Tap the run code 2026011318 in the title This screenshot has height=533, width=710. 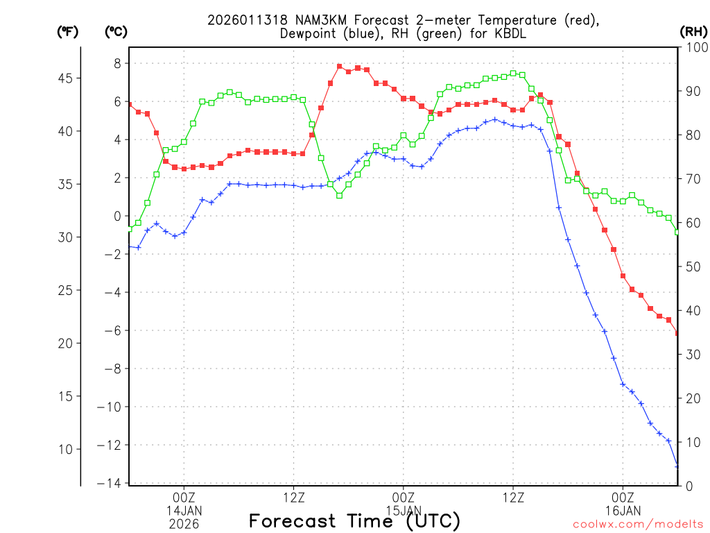tap(239, 21)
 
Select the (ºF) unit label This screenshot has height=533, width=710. tap(67, 31)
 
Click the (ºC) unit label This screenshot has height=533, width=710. tap(115, 31)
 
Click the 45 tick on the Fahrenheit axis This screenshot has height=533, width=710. tap(68, 78)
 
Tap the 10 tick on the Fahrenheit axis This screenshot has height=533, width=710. tap(68, 449)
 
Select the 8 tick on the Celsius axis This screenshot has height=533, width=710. tap(117, 63)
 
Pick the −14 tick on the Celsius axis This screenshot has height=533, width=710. tap(112, 483)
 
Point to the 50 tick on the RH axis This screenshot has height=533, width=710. tap(692, 266)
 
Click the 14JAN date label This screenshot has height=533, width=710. tap(184, 511)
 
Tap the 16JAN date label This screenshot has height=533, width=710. tap(623, 511)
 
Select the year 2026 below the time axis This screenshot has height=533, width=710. tap(184, 525)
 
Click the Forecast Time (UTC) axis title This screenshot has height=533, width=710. tap(354, 521)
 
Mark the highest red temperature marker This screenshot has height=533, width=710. tap(340, 67)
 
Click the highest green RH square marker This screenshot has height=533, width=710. tap(513, 73)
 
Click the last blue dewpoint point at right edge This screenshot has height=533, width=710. tap(677, 466)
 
